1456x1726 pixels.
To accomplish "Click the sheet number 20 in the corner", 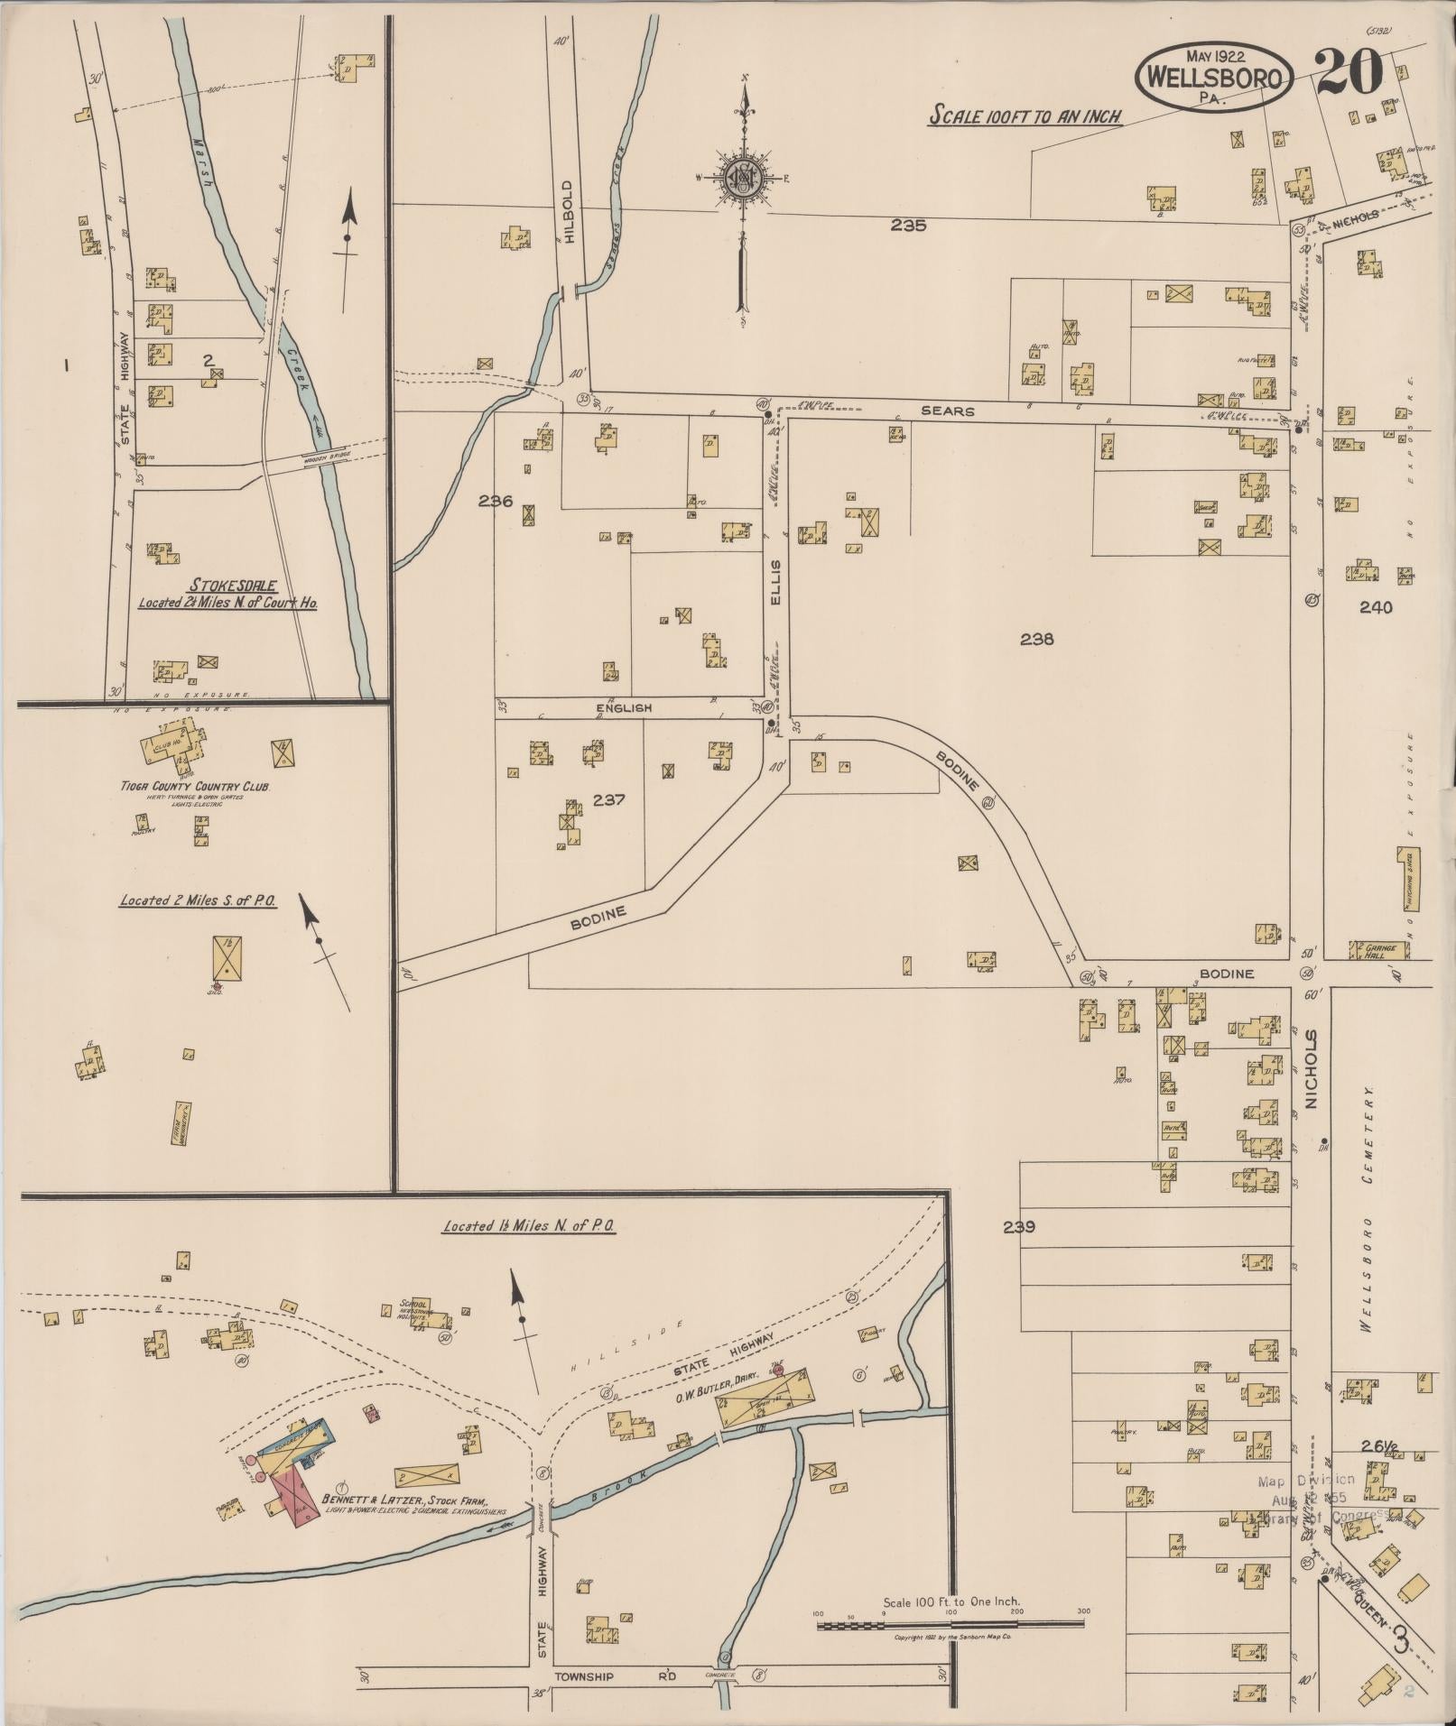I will click(1349, 71).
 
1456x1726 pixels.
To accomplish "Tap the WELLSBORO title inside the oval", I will click(1213, 78).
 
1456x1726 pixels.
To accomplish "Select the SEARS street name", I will click(947, 411).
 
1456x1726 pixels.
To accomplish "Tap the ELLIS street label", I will click(775, 582).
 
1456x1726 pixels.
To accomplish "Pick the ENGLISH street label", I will click(623, 708).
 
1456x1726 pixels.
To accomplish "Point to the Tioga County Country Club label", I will click(196, 786).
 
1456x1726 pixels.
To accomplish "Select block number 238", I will click(1036, 640).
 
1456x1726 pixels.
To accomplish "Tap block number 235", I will click(907, 226).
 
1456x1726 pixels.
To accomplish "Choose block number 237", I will click(611, 798).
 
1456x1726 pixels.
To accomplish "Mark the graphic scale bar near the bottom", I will click(951, 1625).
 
